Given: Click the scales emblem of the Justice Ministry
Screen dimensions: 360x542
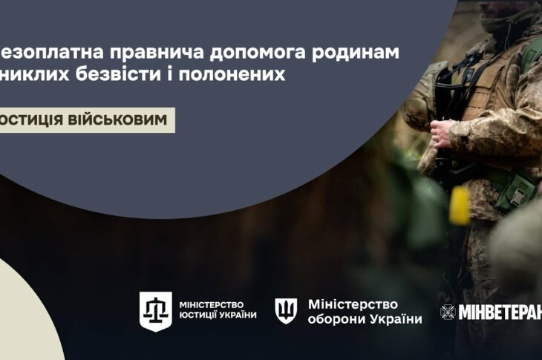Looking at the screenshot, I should (x=156, y=310).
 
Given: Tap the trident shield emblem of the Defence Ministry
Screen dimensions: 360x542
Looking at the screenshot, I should (x=285, y=310).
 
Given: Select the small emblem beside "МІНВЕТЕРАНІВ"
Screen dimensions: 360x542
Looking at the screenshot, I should (x=447, y=312).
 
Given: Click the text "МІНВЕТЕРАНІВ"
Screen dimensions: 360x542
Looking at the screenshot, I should (x=499, y=312).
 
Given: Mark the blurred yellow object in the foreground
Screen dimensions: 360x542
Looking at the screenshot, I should (x=458, y=205).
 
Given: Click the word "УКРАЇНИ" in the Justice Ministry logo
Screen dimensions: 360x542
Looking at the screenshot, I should (x=237, y=317).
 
